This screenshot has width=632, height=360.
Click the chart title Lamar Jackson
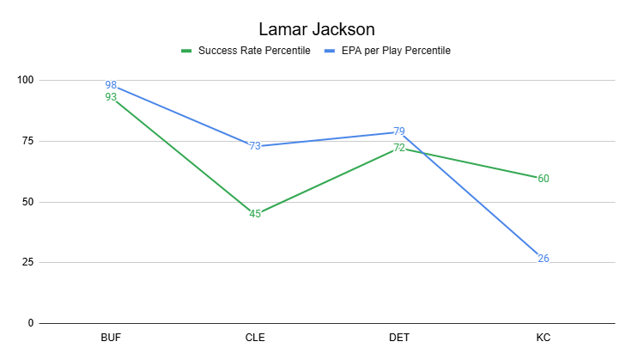pos(316,29)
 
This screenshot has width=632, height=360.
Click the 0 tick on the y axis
pos(31,323)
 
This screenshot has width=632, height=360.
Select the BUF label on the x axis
pos(111,339)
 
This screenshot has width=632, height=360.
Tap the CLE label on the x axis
pos(255,339)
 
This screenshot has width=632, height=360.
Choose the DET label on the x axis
pos(399,339)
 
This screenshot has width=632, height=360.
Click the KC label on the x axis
pos(544,339)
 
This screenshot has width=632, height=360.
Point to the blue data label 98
pos(111,85)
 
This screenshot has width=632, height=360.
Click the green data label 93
pos(111,97)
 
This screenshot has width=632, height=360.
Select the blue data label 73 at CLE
pos(255,146)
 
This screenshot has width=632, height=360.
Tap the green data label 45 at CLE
pos(255,214)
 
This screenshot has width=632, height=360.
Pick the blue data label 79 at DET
pos(399,131)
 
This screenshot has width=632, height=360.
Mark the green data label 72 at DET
pos(399,148)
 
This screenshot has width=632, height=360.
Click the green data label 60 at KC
pos(544,178)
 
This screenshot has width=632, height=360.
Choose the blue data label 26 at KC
pos(544,259)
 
